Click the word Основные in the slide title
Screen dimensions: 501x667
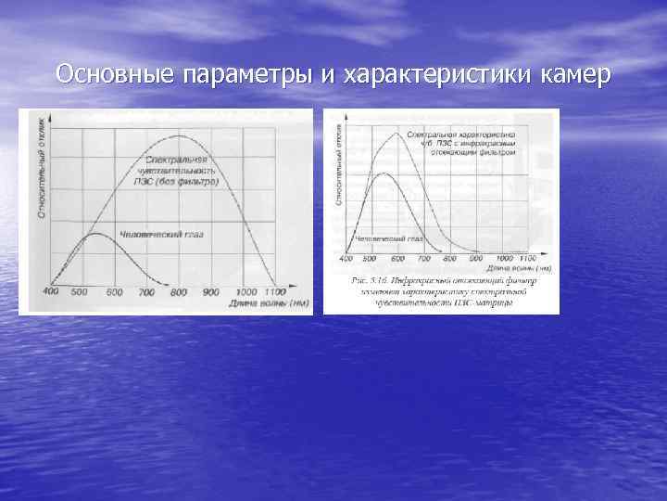(111, 73)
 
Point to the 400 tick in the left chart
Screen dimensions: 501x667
(50, 291)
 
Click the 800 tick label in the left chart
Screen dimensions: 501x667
(179, 292)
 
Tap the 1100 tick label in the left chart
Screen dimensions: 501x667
(275, 292)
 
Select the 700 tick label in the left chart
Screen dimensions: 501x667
(146, 292)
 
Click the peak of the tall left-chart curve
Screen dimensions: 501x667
(176, 136)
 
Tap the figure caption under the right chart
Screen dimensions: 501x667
(442, 290)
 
